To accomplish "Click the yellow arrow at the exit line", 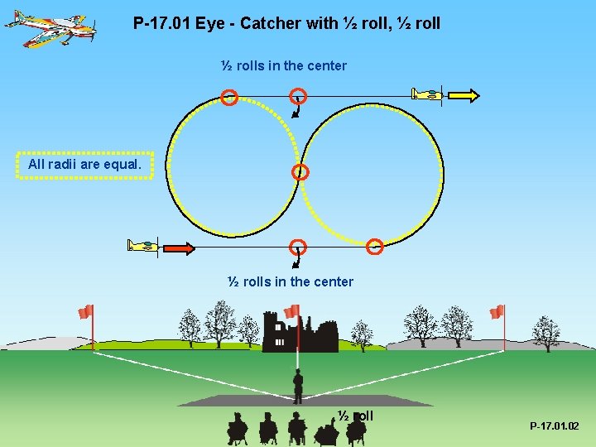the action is tap(463, 95).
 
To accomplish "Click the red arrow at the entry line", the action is tap(178, 247).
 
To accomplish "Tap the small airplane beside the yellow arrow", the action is tap(429, 94).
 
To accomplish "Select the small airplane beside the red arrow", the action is tap(142, 246).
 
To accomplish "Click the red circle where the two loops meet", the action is tap(300, 172).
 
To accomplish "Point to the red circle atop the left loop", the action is tap(230, 98).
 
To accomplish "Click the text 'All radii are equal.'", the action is tap(85, 165).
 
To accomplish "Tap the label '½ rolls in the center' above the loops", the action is tap(284, 65).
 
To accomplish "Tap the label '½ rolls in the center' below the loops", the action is tap(291, 281).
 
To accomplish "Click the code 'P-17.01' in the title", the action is tap(161, 23).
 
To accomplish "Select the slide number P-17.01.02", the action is tap(555, 426).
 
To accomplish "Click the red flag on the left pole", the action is tap(84, 311).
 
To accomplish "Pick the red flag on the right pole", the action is tap(497, 311).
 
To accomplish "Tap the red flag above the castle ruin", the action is tap(291, 311).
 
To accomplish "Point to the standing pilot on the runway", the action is tap(298, 386).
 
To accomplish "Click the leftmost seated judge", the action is tap(238, 428).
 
